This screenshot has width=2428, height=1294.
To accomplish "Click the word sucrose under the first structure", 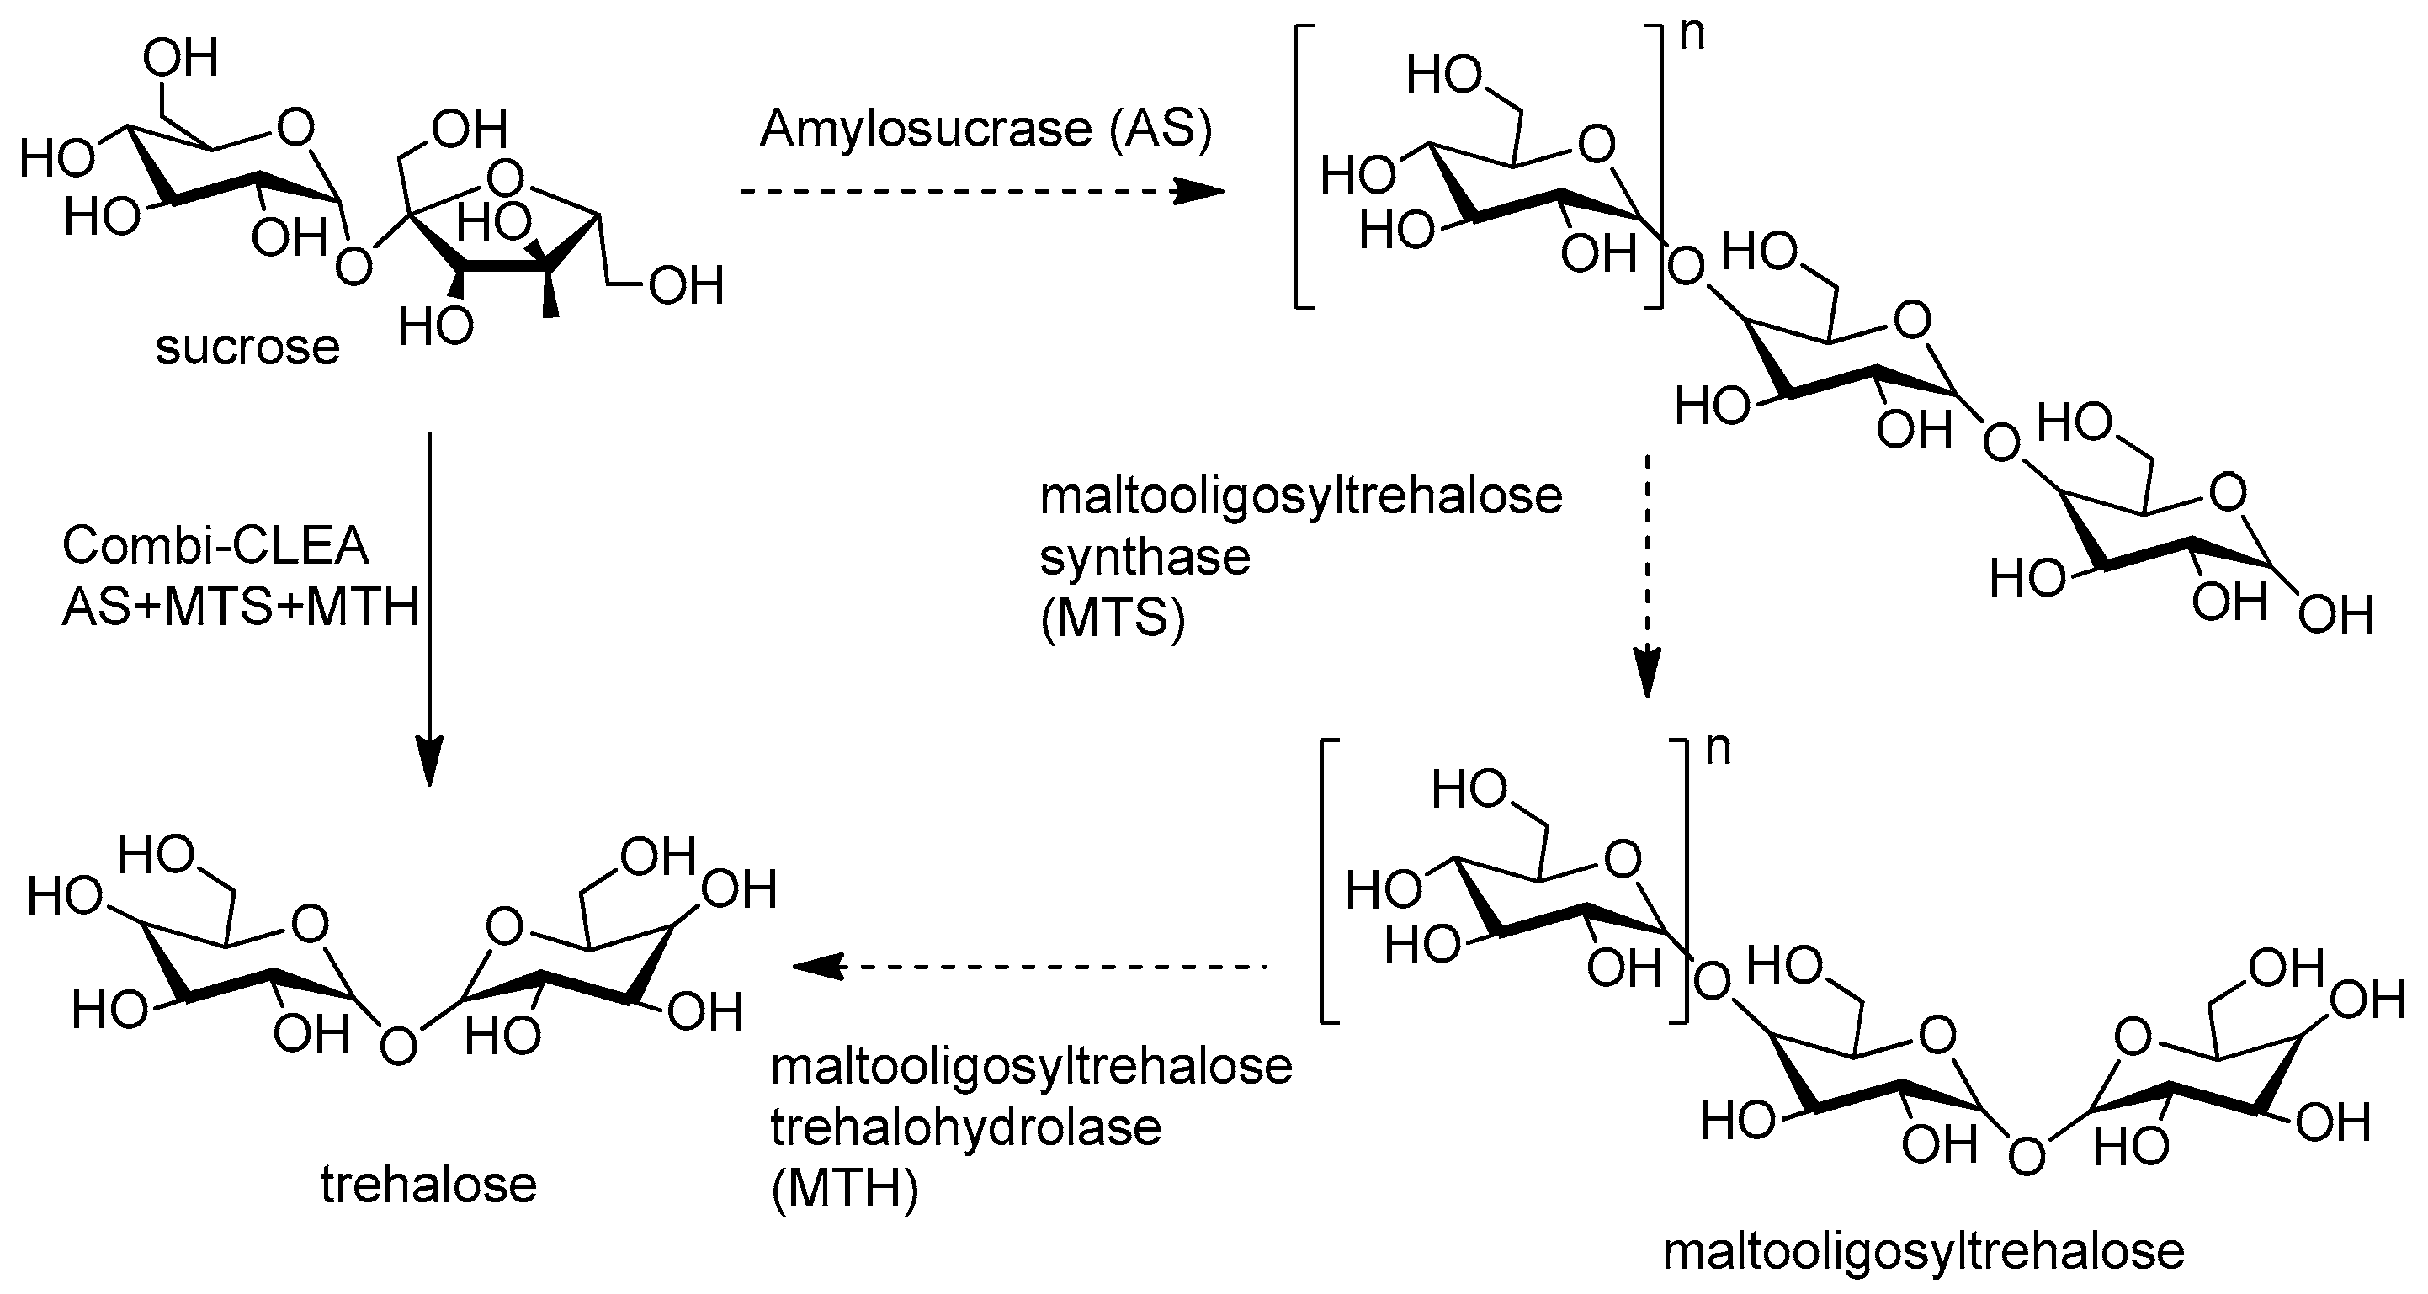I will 247,347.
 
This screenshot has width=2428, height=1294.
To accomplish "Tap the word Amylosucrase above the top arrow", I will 925,129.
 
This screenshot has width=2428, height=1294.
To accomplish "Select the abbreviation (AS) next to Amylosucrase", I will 1161,129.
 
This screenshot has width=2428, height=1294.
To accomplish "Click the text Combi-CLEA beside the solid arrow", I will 215,546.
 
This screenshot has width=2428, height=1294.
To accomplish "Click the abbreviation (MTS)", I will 1113,619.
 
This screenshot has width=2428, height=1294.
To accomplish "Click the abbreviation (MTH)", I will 844,1191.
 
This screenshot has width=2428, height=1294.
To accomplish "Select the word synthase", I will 1145,558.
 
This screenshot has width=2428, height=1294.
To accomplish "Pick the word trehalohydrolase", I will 966,1128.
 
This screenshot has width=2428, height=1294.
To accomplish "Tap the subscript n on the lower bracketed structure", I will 1719,750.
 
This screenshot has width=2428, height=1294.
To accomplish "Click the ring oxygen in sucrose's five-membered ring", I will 507,175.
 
